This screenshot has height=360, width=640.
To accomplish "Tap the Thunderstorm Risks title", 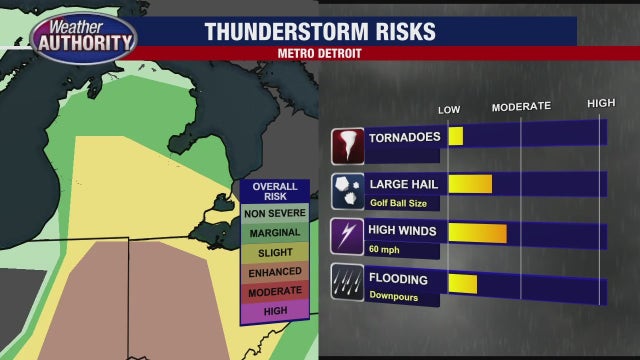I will click(x=320, y=31).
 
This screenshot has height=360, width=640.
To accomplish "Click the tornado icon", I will click(x=348, y=145).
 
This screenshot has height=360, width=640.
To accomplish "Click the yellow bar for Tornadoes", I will click(x=456, y=136).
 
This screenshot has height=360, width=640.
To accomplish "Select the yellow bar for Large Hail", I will click(x=470, y=184).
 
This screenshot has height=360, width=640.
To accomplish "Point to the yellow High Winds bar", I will click(x=477, y=233).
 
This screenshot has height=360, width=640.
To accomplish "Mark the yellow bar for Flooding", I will click(x=462, y=282).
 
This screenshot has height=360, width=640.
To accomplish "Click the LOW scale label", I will click(x=449, y=108).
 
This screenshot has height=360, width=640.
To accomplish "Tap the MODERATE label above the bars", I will click(x=521, y=106).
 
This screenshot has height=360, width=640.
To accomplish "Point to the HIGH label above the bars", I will click(x=601, y=104).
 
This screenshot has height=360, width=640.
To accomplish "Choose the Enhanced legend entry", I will click(x=275, y=272).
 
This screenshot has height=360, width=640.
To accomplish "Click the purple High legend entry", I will click(x=275, y=311).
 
